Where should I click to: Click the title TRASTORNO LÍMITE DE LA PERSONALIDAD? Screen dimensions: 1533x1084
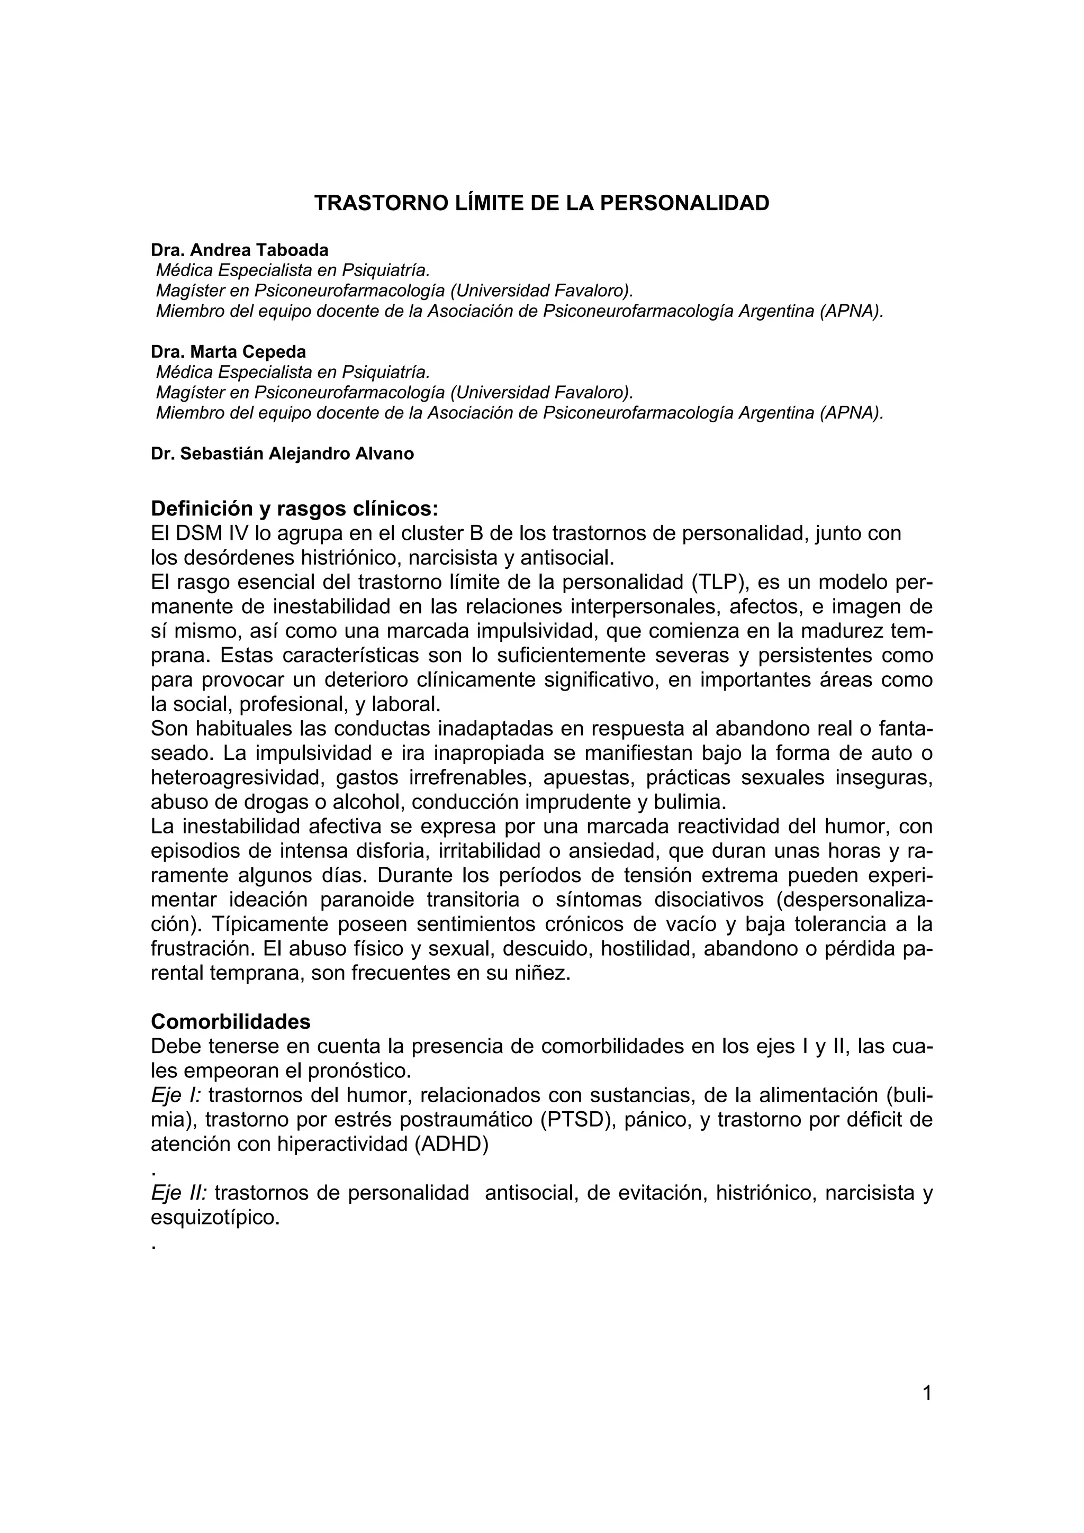pos(541,203)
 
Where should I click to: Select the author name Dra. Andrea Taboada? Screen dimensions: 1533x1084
pos(240,250)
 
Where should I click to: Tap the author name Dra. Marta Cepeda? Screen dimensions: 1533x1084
pos(229,351)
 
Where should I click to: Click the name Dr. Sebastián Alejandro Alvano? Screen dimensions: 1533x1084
pos(283,453)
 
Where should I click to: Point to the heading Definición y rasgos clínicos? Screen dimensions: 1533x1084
pos(294,509)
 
